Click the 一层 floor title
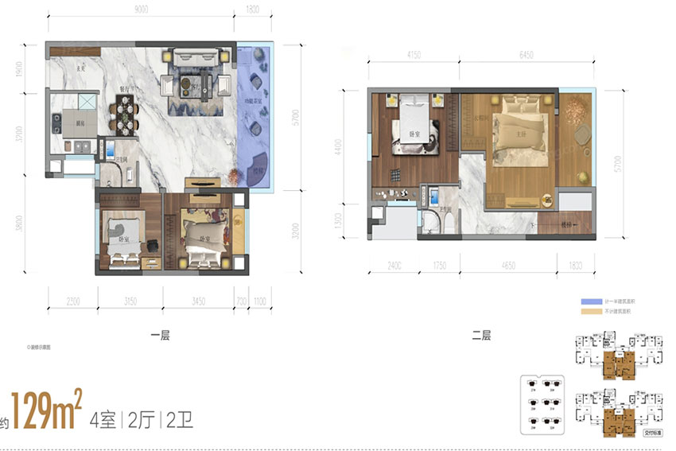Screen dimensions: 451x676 pyautogui.click(x=160, y=336)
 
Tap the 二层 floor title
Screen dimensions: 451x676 pyautogui.click(x=481, y=336)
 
